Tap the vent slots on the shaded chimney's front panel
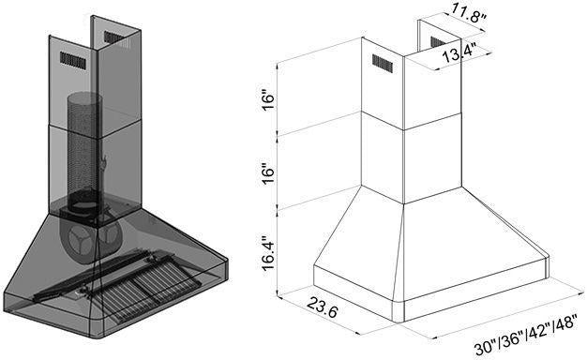(71, 59)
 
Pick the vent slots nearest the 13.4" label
(438, 43)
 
